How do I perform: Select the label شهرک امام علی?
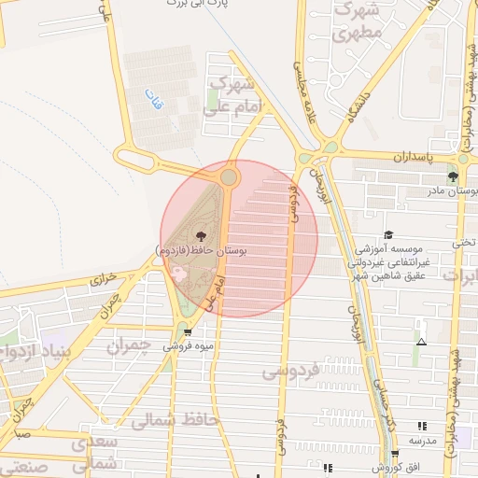tap(230, 97)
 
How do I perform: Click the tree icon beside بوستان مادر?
tap(453, 176)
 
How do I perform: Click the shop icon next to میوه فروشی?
tap(189, 331)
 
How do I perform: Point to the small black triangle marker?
tap(421, 342)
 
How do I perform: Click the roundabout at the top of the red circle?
tap(229, 176)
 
